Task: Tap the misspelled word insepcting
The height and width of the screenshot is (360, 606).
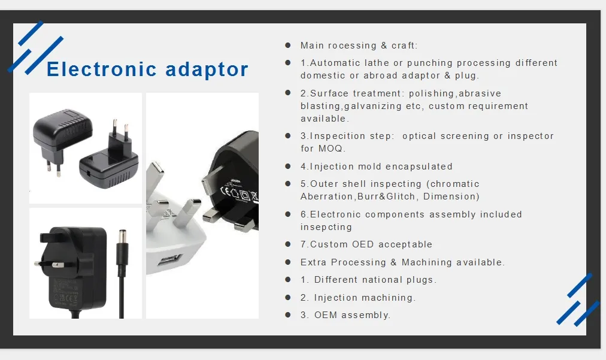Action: coord(326,227)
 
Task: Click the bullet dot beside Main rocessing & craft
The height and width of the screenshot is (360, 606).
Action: coord(288,45)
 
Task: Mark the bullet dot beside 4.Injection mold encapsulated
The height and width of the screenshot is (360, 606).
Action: coord(288,166)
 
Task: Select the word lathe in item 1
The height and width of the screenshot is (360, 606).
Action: coord(377,63)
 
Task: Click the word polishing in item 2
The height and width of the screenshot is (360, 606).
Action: coord(432,93)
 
